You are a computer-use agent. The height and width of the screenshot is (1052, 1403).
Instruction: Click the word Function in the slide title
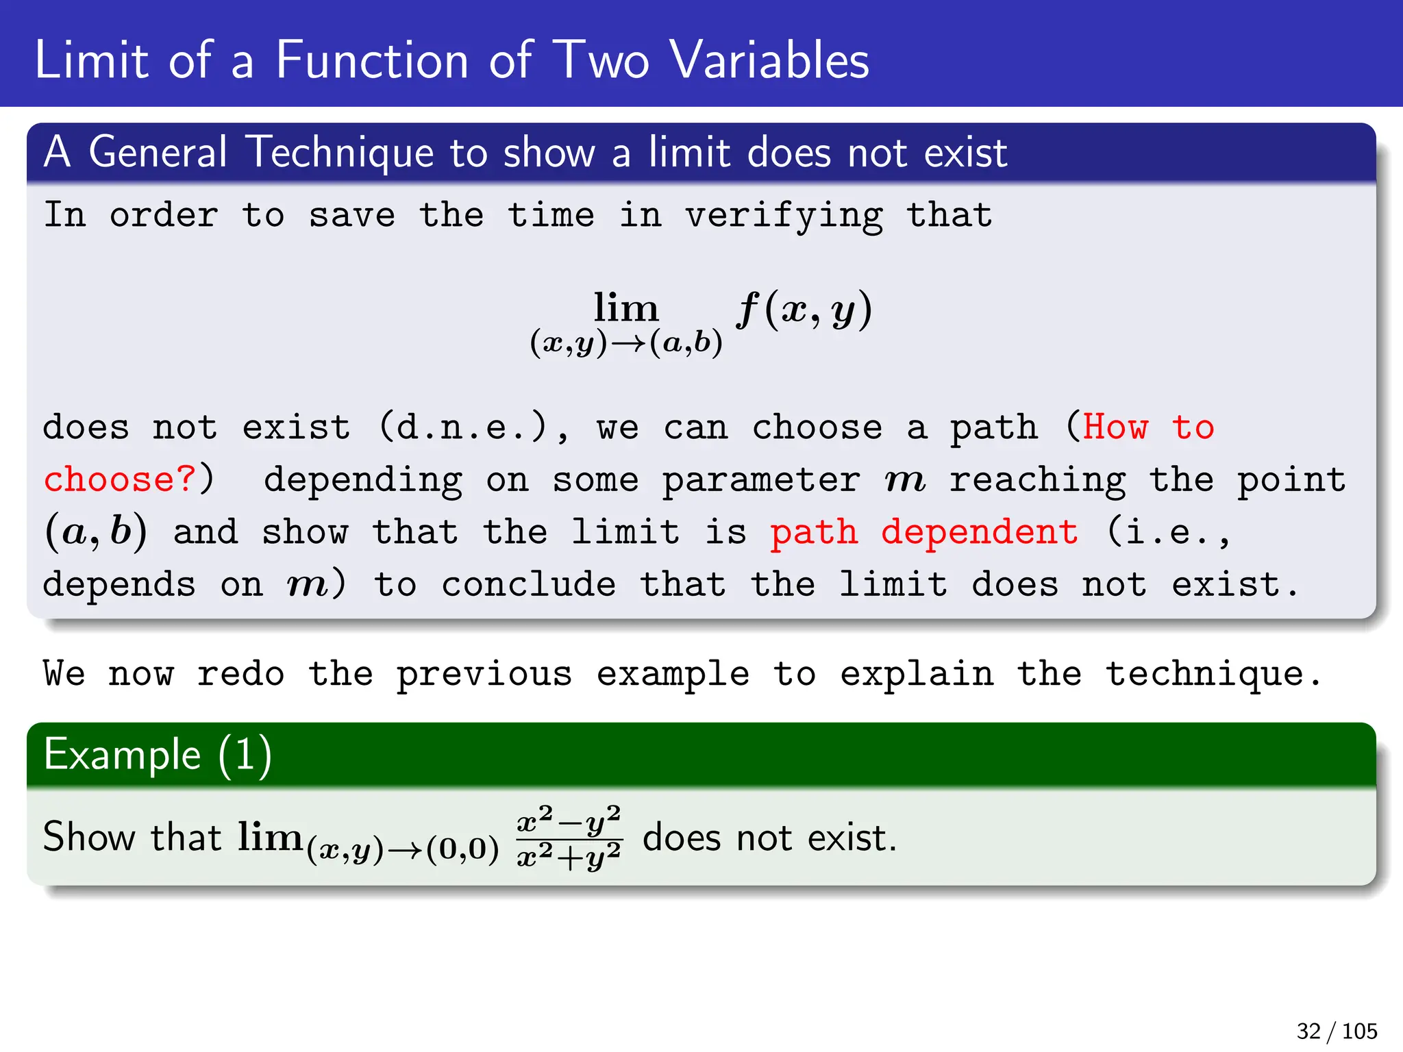(x=372, y=60)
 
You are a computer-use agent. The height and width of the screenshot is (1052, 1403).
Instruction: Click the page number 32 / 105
(x=1336, y=1031)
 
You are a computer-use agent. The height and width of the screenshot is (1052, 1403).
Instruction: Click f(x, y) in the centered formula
(x=804, y=310)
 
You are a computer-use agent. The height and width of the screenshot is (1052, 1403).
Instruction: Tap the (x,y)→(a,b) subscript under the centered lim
(x=626, y=342)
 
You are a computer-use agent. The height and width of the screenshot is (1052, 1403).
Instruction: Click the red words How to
(x=1148, y=427)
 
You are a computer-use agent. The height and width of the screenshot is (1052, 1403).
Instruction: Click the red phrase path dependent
(x=923, y=532)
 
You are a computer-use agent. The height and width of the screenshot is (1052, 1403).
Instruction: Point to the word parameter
(x=760, y=479)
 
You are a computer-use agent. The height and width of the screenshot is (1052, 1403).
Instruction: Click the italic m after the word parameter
(x=904, y=480)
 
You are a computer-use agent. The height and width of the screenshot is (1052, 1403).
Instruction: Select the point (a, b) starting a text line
(x=96, y=532)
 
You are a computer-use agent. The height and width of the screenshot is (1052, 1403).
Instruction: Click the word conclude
(x=528, y=584)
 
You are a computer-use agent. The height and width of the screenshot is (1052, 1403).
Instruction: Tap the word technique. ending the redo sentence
(x=1213, y=674)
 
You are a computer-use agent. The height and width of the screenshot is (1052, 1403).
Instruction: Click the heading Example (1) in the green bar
(x=158, y=755)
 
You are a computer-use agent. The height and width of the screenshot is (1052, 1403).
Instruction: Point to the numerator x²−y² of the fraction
(x=569, y=819)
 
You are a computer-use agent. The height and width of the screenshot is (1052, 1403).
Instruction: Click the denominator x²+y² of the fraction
(x=569, y=855)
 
